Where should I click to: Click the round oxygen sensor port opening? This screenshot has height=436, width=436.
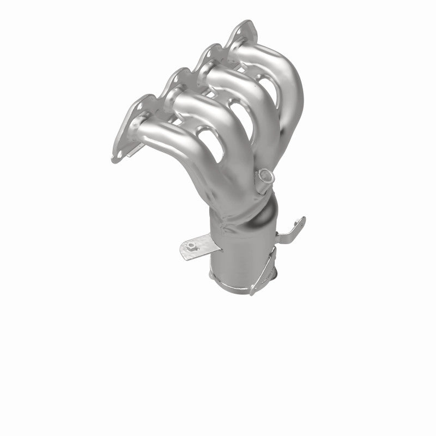coord(264,174)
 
